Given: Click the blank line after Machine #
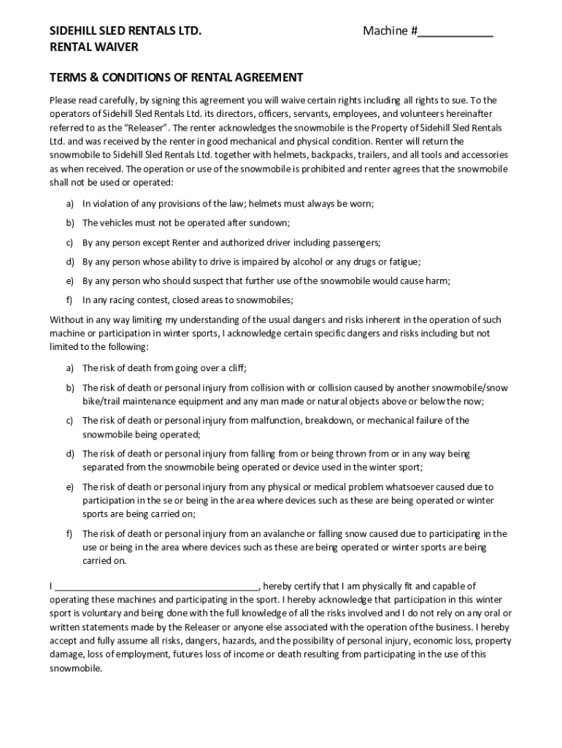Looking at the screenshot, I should pos(456,32).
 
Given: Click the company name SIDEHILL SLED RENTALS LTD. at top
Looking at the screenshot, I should pos(125,31).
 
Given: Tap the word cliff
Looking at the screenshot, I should pos(244,368).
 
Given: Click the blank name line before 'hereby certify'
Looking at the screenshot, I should pos(157,587).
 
